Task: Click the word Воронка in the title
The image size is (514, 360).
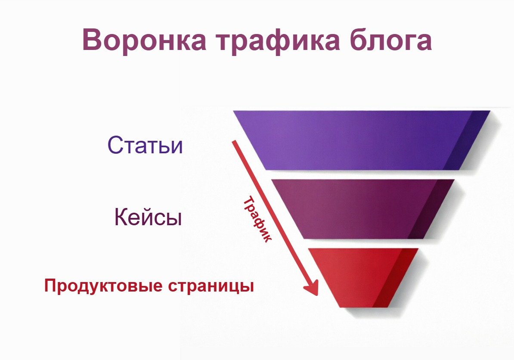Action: tap(145, 40)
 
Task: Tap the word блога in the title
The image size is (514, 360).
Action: tap(390, 40)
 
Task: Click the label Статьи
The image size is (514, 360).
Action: tap(145, 145)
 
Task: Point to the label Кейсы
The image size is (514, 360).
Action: tap(148, 217)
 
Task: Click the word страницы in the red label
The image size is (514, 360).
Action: tap(211, 286)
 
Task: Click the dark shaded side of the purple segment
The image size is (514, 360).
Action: tap(466, 140)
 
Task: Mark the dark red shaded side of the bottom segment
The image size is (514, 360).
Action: tap(395, 278)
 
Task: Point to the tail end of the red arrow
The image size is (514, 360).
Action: tap(233, 141)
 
